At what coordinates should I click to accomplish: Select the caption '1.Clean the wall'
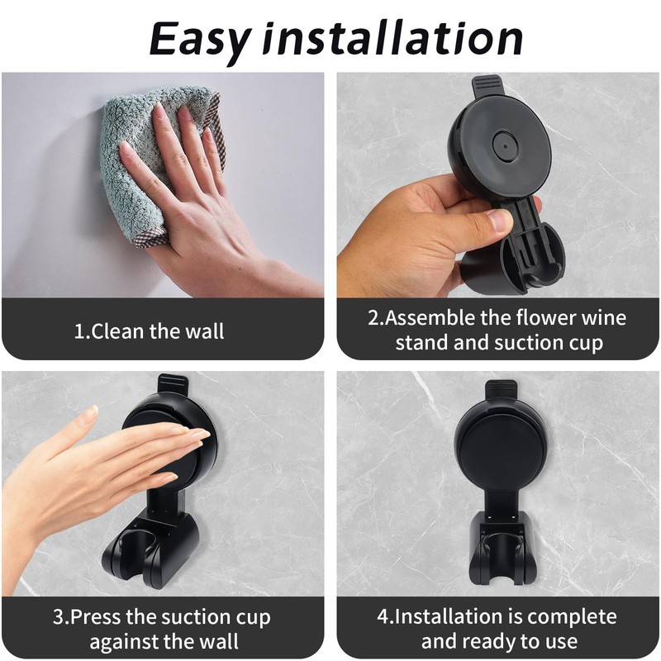pyautogui.click(x=150, y=332)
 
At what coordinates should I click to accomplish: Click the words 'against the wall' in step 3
pyautogui.click(x=164, y=642)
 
